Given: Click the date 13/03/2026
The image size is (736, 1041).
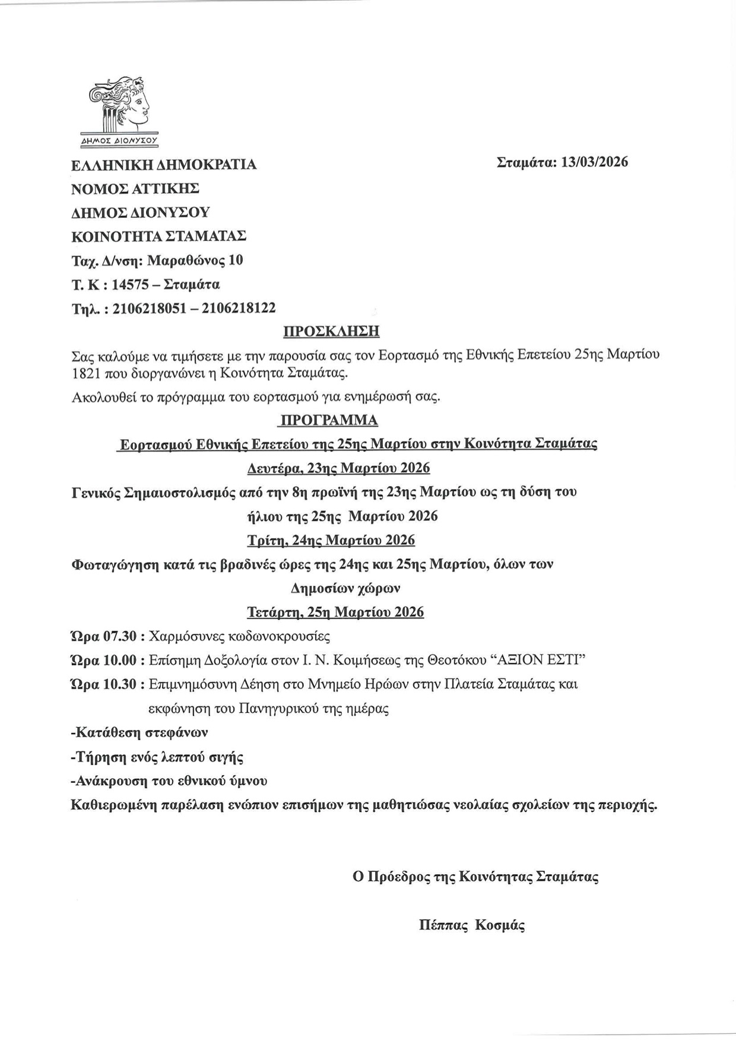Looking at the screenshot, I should pos(594,162).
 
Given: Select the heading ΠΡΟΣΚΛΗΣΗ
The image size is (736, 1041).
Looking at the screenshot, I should pos(331,331).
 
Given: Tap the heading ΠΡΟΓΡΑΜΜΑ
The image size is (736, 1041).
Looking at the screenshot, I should pos(328,420).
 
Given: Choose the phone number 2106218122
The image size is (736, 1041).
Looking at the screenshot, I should pos(239,308).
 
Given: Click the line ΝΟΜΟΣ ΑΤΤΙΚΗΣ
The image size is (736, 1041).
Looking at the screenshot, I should pos(135,189).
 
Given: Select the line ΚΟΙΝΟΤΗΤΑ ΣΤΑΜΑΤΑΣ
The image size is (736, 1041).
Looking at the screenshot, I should pos(158,236).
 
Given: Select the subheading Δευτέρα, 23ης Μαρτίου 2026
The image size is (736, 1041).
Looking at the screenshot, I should pos(338,468).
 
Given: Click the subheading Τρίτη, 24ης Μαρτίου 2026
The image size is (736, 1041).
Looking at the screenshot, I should pos(331,540).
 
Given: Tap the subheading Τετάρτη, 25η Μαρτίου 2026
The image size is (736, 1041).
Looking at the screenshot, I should pos(335,612).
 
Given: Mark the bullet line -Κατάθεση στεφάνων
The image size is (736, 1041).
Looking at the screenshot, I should pos(139,732).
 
